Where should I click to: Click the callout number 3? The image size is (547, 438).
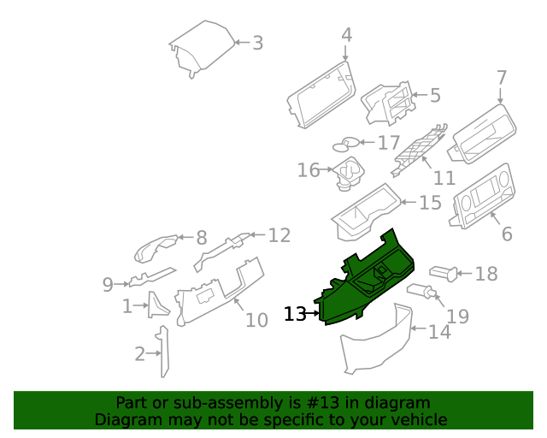(x=257, y=43)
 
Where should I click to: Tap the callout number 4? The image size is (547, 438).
(x=346, y=35)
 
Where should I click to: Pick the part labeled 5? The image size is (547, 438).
(x=387, y=106)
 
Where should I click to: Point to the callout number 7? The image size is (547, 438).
(x=502, y=78)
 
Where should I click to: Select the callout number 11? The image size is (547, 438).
(x=444, y=178)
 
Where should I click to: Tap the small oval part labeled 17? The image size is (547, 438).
(x=347, y=143)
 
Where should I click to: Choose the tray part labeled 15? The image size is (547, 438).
(x=366, y=210)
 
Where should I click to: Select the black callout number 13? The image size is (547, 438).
(x=295, y=315)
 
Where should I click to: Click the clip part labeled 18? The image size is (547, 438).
(x=442, y=273)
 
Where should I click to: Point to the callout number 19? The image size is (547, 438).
(x=458, y=317)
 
